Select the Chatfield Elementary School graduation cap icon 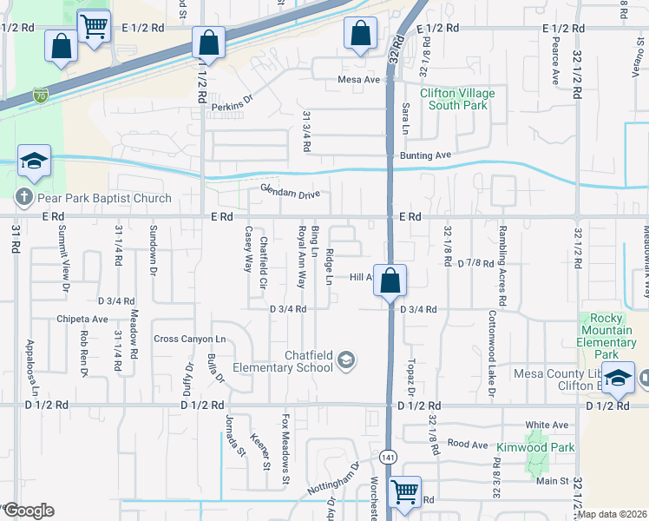[x=346, y=359]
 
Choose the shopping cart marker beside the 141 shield [x=405, y=492]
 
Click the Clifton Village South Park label [x=454, y=99]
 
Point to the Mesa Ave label [x=360, y=80]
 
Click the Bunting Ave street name [x=425, y=155]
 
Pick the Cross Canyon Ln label [x=189, y=339]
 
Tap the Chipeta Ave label [x=82, y=319]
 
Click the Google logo [x=29, y=511]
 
